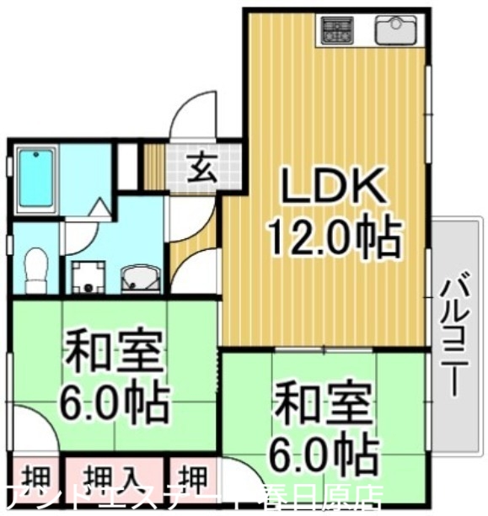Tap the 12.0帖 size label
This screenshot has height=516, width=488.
(333, 237)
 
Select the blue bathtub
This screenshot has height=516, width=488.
(35, 180)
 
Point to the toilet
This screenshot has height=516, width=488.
(35, 267)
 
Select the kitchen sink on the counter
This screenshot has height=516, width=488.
(393, 32)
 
